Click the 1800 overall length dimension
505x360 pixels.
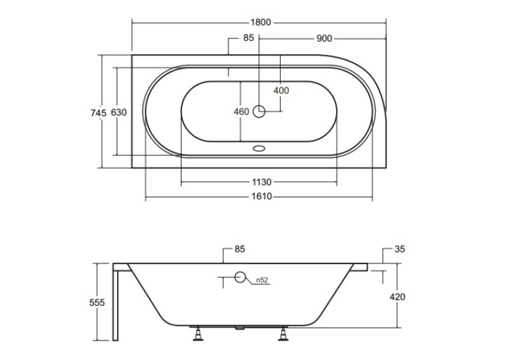click(261, 22)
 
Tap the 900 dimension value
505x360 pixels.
click(324, 38)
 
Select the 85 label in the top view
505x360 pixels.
click(248, 38)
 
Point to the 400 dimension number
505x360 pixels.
click(281, 90)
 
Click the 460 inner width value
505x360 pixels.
click(241, 112)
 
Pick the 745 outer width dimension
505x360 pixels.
click(98, 113)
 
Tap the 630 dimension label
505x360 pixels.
click(119, 112)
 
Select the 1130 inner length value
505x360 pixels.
click(261, 182)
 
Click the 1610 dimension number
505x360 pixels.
click(261, 196)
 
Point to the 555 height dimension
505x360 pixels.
click(97, 303)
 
